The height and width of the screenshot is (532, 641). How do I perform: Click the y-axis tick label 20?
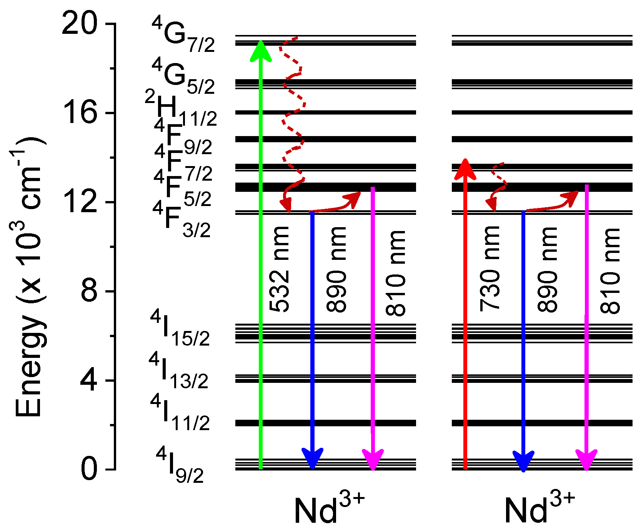click(80, 24)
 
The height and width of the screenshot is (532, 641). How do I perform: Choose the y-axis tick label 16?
click(80, 113)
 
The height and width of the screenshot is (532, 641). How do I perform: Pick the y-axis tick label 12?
click(80, 202)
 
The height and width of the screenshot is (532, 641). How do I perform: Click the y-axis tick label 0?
click(89, 469)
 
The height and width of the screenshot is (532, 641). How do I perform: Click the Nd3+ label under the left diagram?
click(329, 509)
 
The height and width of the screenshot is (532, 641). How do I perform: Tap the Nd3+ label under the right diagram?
click(539, 509)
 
